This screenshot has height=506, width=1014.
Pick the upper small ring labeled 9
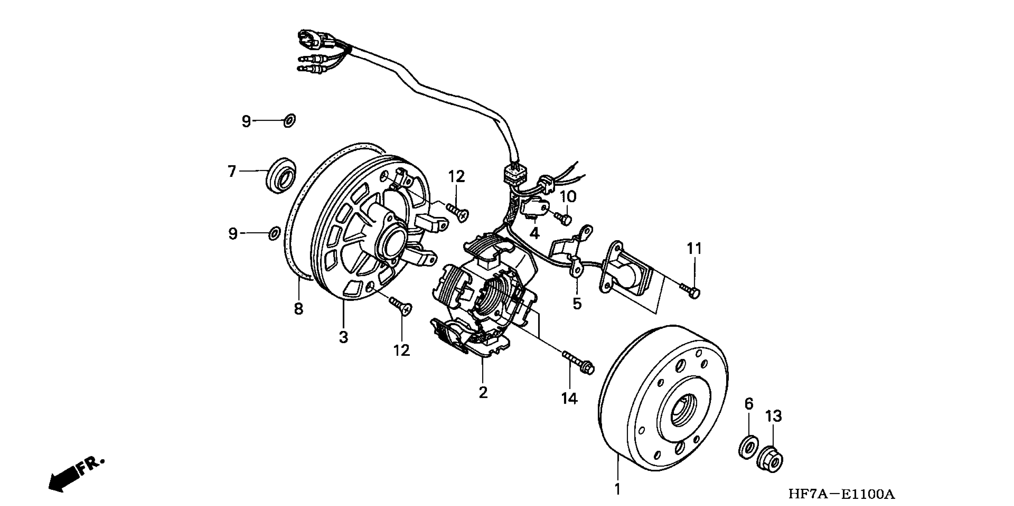pos(289,121)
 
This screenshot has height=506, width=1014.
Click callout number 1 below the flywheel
pos(617,489)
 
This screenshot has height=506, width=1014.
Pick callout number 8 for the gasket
pos(299,308)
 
